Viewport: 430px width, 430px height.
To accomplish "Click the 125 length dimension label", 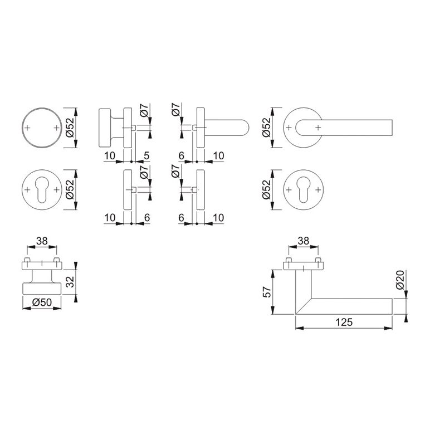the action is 344,322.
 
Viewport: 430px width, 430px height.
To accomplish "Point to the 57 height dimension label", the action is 267,292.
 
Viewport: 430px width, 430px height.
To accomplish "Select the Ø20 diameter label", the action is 400,280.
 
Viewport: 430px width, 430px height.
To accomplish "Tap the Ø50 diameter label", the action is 42,302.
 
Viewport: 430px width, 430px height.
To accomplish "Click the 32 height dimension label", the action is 70,282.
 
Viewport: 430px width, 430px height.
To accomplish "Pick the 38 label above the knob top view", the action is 42,241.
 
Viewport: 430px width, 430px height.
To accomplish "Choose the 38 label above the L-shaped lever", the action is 304,241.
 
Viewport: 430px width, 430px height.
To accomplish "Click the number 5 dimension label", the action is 146,155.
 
